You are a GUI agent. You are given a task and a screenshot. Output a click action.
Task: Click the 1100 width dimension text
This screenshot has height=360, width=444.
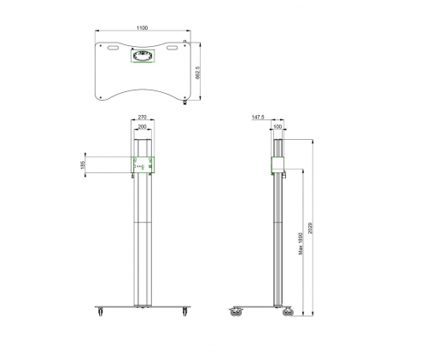pyautogui.click(x=142, y=28)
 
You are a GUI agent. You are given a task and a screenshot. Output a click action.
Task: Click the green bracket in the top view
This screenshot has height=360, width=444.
pyautogui.click(x=142, y=55)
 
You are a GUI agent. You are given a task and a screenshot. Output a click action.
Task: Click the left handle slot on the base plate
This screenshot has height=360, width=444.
pyautogui.click(x=111, y=49)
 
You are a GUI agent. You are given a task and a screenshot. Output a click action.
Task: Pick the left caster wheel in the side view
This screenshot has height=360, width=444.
pyautogui.click(x=235, y=313)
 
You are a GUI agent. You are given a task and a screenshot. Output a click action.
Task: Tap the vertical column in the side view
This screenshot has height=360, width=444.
pyautogui.click(x=277, y=239)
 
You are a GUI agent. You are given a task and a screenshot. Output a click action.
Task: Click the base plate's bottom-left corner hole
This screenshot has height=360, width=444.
pyautogui.click(x=102, y=96)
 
